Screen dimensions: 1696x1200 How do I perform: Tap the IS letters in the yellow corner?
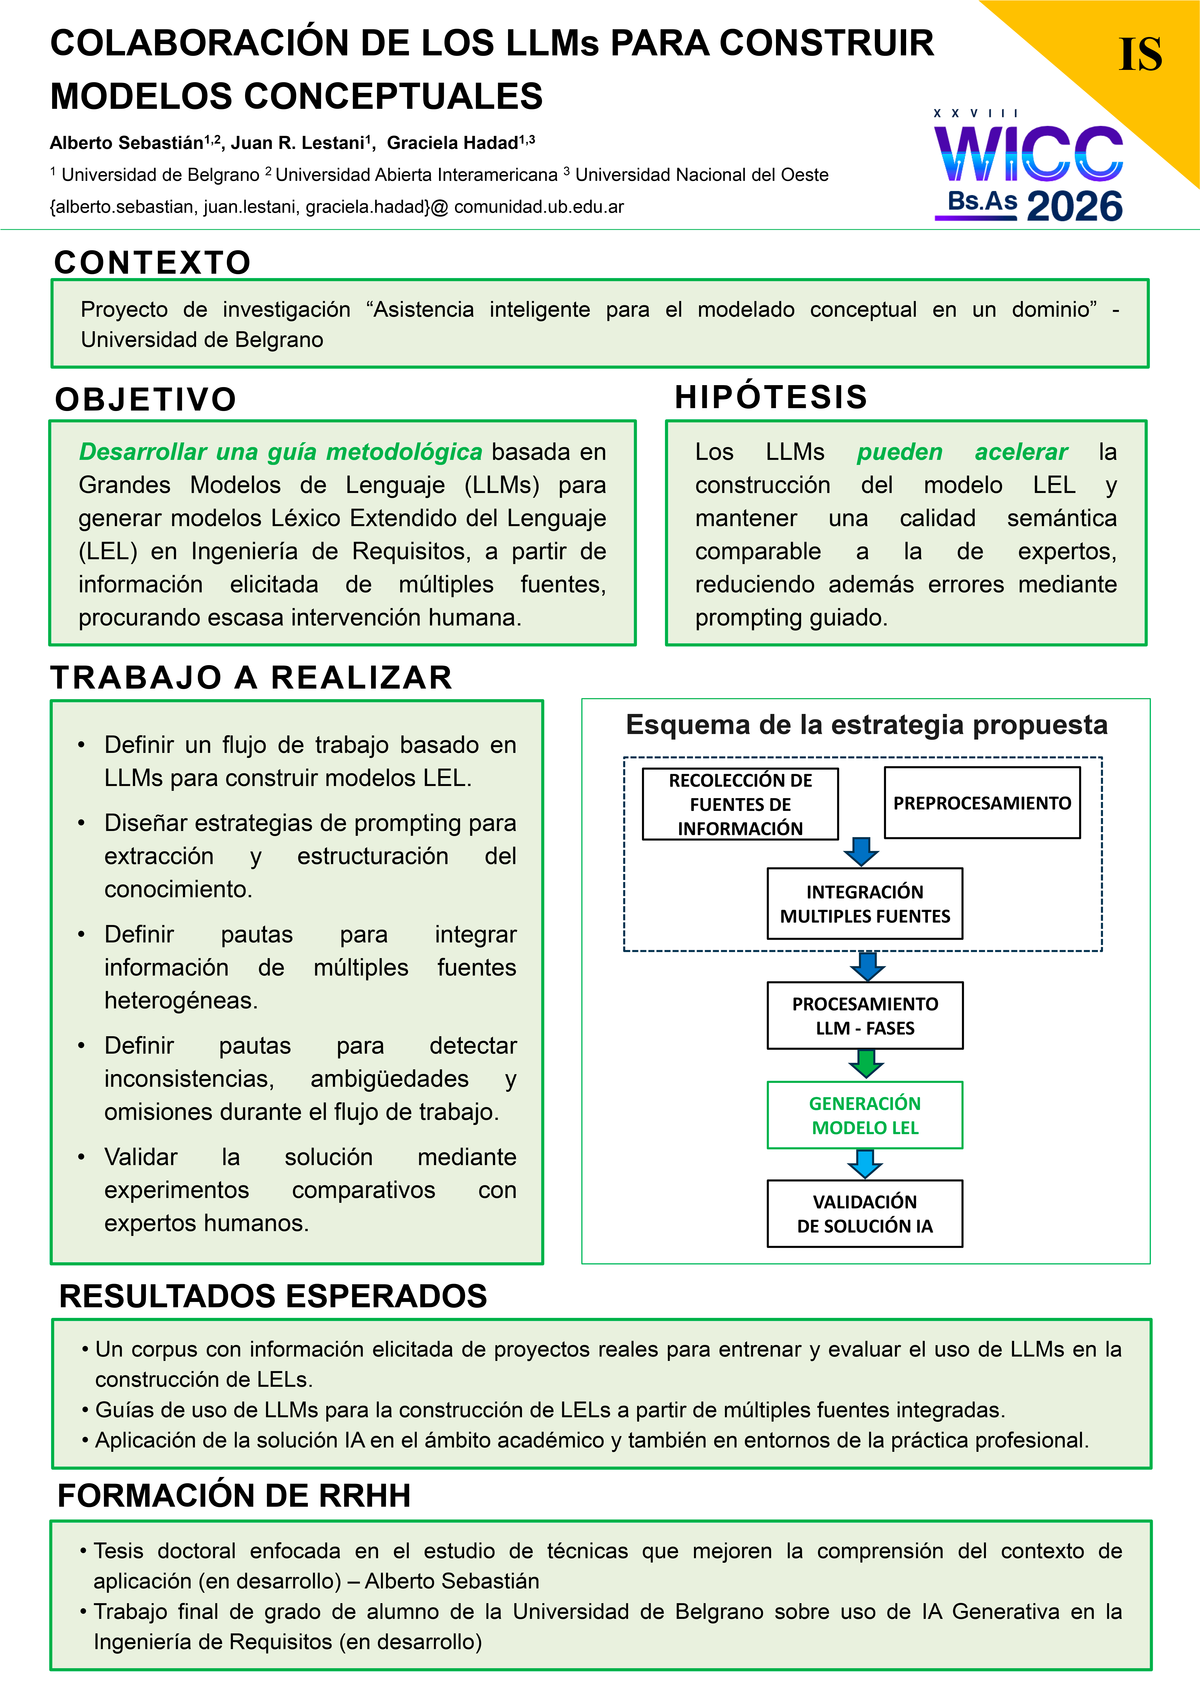coord(1140,55)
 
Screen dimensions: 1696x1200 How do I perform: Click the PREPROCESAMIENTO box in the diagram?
coord(982,803)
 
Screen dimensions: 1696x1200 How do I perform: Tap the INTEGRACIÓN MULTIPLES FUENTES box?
coord(865,903)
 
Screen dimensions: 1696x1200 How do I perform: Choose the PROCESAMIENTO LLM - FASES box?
coord(865,1016)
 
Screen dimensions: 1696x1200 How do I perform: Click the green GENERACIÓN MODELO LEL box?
coord(865,1116)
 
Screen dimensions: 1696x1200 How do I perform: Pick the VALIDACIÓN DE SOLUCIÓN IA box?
coord(865,1214)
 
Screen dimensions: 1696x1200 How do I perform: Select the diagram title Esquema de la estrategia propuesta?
coord(866,725)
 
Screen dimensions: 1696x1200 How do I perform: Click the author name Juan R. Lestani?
coord(298,143)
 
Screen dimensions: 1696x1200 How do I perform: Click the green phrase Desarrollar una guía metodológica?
coord(281,451)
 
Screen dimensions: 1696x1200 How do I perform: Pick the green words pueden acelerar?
coord(962,451)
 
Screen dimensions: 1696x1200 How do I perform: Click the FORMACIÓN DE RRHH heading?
coord(234,1496)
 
